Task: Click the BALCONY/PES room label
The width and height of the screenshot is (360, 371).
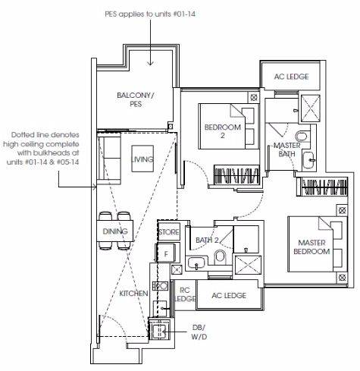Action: click(136, 99)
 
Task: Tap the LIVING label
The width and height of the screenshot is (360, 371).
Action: click(142, 159)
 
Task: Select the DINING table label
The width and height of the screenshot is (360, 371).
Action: click(115, 231)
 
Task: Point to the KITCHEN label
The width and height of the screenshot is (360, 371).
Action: click(133, 294)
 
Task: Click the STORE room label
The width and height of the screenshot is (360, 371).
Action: click(169, 232)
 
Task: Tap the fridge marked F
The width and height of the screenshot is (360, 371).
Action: click(166, 253)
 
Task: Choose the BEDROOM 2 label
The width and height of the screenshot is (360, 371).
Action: click(223, 131)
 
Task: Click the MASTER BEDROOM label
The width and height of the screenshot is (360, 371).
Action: click(311, 247)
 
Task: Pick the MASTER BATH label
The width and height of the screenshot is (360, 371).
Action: click(287, 149)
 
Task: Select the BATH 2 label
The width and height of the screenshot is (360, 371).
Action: click(207, 240)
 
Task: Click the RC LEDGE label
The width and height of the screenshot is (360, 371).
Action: click(185, 294)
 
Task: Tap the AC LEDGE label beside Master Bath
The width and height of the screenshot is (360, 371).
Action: click(291, 77)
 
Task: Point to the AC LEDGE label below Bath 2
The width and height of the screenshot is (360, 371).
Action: click(229, 295)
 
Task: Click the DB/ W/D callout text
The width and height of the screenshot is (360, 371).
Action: click(199, 332)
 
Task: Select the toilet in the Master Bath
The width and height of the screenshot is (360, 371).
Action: click(302, 137)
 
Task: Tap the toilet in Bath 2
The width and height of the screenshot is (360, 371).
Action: click(220, 256)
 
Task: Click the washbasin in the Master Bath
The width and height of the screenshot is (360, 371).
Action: click(309, 160)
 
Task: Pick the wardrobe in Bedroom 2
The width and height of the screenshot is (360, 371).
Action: click(236, 174)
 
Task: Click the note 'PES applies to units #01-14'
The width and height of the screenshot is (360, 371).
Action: click(150, 14)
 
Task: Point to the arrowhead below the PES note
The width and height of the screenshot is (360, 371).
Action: click(150, 63)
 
